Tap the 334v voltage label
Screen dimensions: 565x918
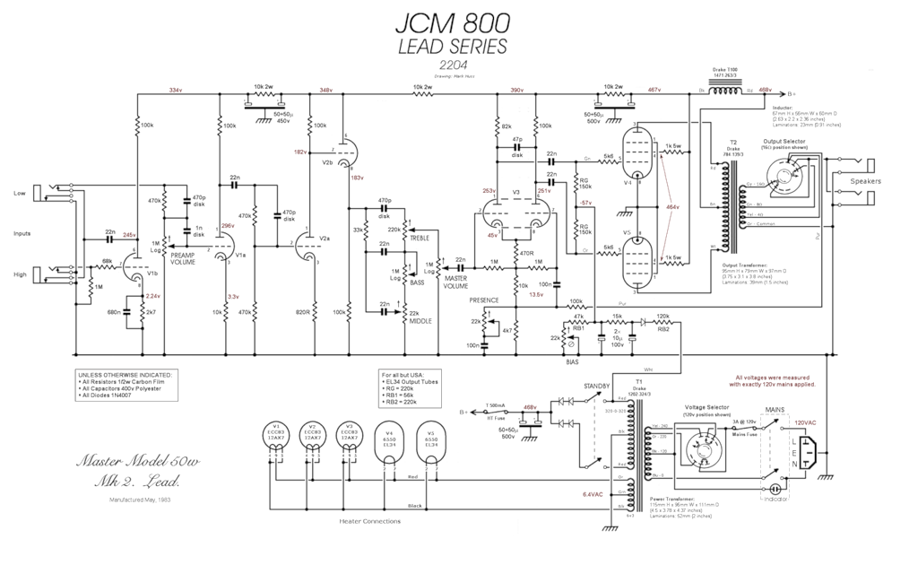pyautogui.click(x=175, y=91)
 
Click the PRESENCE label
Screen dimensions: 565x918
pyautogui.click(x=484, y=300)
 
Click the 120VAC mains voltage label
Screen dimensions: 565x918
pyautogui.click(x=805, y=422)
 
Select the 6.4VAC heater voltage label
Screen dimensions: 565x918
pyautogui.click(x=593, y=493)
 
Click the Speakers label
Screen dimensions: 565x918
pyautogui.click(x=866, y=181)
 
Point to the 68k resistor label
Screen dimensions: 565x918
pyautogui.click(x=107, y=261)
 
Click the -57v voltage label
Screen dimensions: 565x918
pyautogui.click(x=561, y=204)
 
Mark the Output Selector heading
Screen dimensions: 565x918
pyautogui.click(x=784, y=141)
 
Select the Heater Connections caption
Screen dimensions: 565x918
pyautogui.click(x=368, y=521)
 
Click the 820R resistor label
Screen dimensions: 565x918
pyautogui.click(x=302, y=312)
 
